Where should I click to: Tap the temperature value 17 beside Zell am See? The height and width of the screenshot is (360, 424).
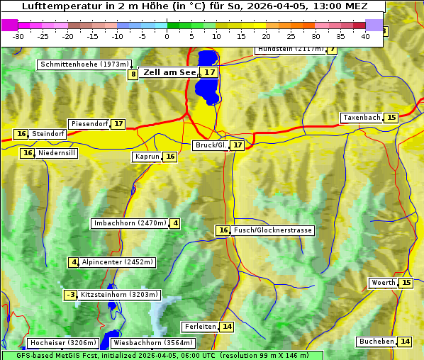click(208, 72)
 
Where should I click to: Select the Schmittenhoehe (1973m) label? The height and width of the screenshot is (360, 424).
click(85, 64)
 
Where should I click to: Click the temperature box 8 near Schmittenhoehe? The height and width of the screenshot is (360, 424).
click(133, 74)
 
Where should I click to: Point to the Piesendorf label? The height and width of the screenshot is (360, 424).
click(89, 124)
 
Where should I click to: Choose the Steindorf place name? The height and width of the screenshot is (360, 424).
click(48, 134)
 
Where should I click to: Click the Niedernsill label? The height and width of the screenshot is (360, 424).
click(57, 153)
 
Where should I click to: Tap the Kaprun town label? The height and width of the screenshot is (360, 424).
click(147, 157)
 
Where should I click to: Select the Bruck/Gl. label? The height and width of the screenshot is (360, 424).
click(211, 145)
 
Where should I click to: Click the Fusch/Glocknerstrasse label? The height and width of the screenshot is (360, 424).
click(272, 230)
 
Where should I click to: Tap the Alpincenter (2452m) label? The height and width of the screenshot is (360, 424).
click(118, 262)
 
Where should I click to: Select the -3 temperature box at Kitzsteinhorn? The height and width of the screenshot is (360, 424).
click(70, 295)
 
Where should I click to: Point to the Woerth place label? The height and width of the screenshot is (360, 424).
click(384, 283)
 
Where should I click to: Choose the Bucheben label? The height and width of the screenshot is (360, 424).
click(376, 342)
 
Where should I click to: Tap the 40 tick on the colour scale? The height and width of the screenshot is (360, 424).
click(366, 35)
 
